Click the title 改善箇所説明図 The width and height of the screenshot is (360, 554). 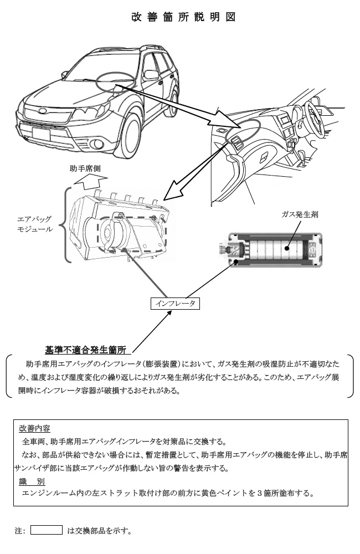(x=183, y=17)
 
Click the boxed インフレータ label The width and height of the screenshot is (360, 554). (x=174, y=304)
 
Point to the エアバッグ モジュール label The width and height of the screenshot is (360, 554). (x=35, y=224)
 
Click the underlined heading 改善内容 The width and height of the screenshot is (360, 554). (x=35, y=428)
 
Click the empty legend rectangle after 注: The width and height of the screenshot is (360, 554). (x=46, y=530)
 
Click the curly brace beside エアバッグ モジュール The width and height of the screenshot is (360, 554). (x=64, y=224)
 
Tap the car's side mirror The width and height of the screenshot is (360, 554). (x=150, y=75)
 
